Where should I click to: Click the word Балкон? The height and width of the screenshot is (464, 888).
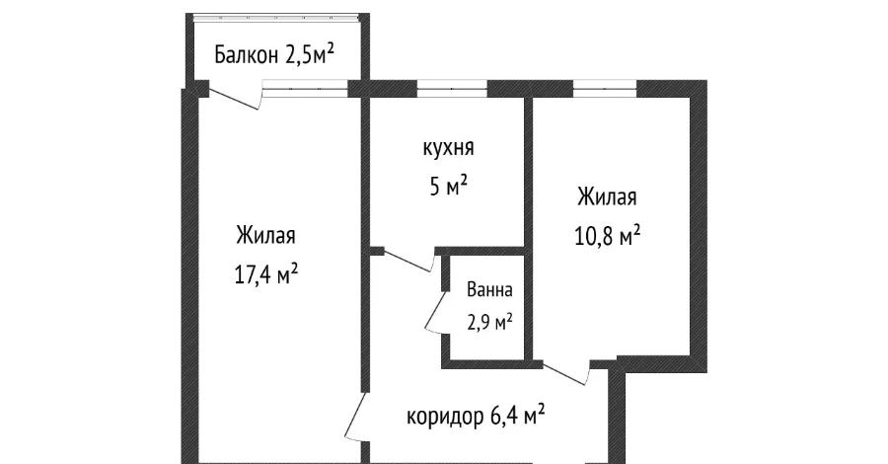[247, 56]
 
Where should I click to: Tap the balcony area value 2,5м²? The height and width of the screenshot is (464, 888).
[308, 55]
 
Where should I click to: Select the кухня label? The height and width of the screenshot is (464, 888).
[448, 148]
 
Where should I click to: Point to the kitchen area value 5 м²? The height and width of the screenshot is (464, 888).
[448, 185]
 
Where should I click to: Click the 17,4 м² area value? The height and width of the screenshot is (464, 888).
[266, 273]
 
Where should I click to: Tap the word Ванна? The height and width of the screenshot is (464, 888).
[489, 291]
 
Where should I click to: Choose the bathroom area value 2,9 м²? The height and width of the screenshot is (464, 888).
[489, 321]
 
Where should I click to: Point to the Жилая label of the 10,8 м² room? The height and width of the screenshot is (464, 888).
[607, 197]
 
